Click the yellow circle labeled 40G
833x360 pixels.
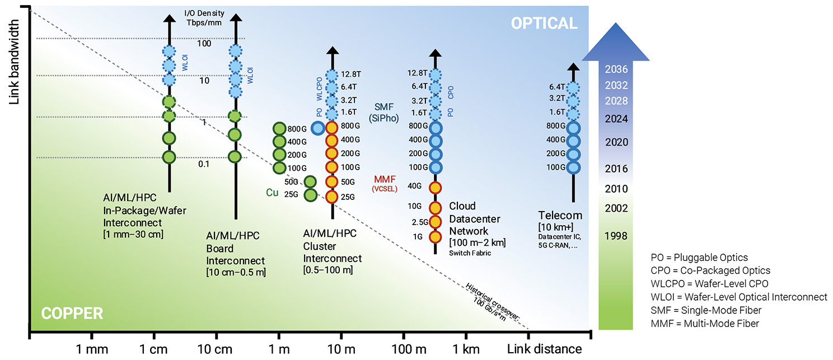pos(435,187)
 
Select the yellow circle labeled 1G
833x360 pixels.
pos(435,236)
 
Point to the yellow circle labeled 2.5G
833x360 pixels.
pos(435,222)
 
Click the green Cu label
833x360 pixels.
pos(272,193)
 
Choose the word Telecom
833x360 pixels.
pos(560,216)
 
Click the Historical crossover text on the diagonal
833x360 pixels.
pos(493,302)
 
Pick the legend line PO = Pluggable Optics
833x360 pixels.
pos(699,258)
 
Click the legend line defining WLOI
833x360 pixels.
pos(738,297)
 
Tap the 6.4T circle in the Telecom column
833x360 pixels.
pos(572,87)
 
